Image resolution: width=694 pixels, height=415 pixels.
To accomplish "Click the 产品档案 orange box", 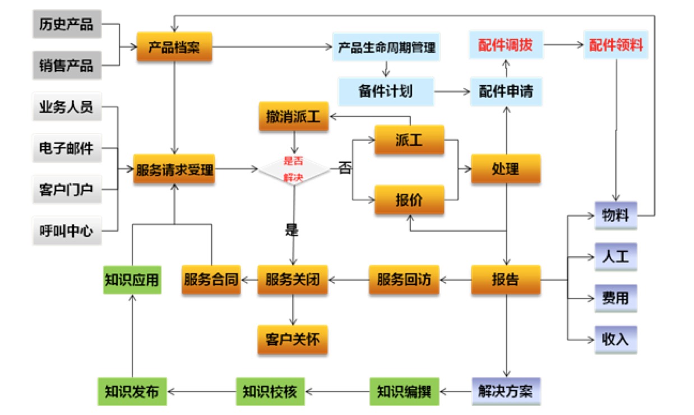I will click(x=174, y=47).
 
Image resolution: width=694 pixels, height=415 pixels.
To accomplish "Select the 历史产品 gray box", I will click(x=66, y=25).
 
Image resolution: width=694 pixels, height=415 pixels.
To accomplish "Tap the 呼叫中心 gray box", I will click(x=66, y=230).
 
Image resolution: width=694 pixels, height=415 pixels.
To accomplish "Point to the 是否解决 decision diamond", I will click(x=294, y=169).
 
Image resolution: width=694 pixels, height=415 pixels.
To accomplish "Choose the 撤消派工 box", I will click(x=293, y=117).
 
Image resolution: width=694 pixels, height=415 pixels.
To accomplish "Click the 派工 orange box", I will click(x=409, y=140).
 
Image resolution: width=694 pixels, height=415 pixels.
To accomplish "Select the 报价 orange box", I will click(x=409, y=200).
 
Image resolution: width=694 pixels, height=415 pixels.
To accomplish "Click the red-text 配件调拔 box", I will click(x=506, y=45).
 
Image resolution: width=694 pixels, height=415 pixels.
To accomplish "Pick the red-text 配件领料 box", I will click(x=616, y=45).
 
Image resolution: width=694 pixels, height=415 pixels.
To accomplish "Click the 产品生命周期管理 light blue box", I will click(x=386, y=47).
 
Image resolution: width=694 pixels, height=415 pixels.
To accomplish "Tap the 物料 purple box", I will click(x=616, y=215).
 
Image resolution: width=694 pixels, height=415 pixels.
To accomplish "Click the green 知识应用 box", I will click(x=132, y=279).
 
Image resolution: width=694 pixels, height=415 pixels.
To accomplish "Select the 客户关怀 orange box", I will click(x=293, y=339).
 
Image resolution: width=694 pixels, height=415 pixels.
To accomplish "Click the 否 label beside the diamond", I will click(x=345, y=168).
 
